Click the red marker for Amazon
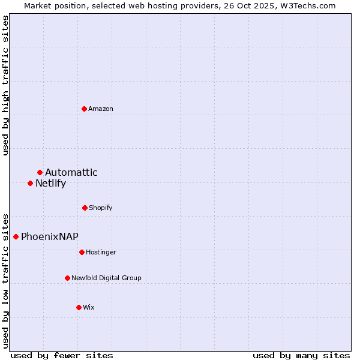pos(85,109)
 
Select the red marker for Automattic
pos(40,173)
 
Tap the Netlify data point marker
pos(30,183)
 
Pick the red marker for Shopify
pos(85,208)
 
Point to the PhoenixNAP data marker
pos(16,236)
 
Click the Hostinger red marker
pos(82,252)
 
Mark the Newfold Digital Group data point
pos(67,278)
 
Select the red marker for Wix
pos(79,307)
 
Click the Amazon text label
pos(101,109)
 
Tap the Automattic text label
pos(71,173)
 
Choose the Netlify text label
pos(50,184)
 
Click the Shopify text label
pos(101,208)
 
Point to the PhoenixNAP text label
pos(50,236)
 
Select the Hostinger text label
pos(101,252)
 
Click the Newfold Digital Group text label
pos(106,278)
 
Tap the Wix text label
pos(89,307)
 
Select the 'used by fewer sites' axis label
pos(62,355)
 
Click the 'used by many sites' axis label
pos(301,355)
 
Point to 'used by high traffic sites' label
pos(5,85)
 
